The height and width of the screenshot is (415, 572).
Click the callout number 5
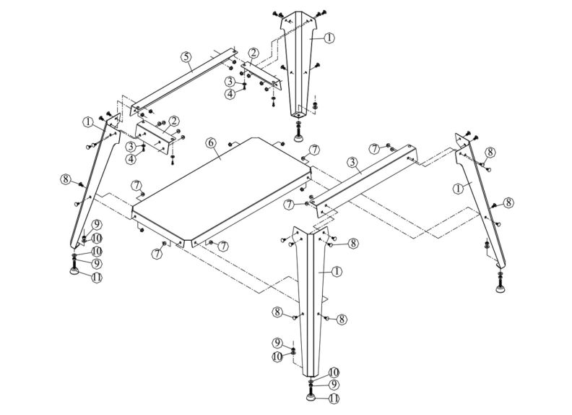(x=186, y=56)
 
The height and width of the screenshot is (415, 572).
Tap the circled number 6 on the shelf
(x=212, y=142)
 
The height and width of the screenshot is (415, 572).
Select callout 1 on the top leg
(x=329, y=38)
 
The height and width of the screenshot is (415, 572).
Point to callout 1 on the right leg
(x=456, y=188)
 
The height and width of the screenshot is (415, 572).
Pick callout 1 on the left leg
(x=87, y=122)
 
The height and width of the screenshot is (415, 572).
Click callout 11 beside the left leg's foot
(x=95, y=277)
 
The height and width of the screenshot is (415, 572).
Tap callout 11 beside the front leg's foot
(x=334, y=398)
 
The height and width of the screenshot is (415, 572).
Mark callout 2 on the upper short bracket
(x=253, y=54)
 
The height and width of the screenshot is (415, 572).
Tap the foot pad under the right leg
(x=501, y=290)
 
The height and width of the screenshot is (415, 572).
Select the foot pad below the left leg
(x=74, y=270)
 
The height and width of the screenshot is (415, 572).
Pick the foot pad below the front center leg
(x=311, y=396)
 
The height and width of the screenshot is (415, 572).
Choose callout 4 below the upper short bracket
(x=230, y=94)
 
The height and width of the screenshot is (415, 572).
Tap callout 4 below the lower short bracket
(x=131, y=159)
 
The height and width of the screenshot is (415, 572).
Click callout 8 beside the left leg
(x=65, y=179)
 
